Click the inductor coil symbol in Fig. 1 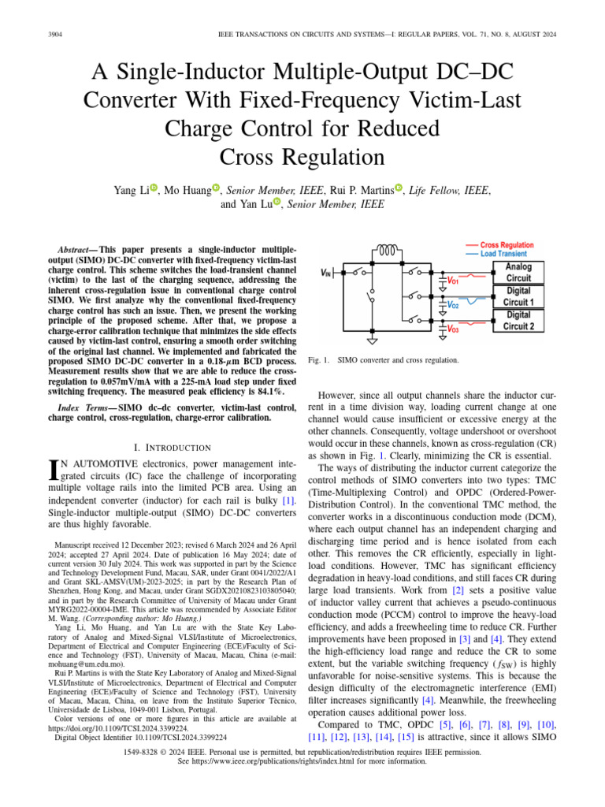[x=388, y=251]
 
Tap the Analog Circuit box [x=518, y=273]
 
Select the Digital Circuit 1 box [x=518, y=296]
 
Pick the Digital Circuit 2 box [x=518, y=320]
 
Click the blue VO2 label [x=453, y=305]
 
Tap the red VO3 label [x=453, y=329]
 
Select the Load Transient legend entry [x=503, y=254]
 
